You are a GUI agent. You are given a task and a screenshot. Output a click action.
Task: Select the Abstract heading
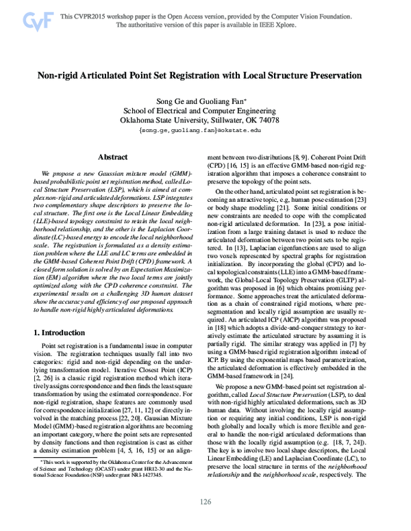point(113,157)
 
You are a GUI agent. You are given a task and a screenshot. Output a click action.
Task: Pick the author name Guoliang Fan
point(221,100)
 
